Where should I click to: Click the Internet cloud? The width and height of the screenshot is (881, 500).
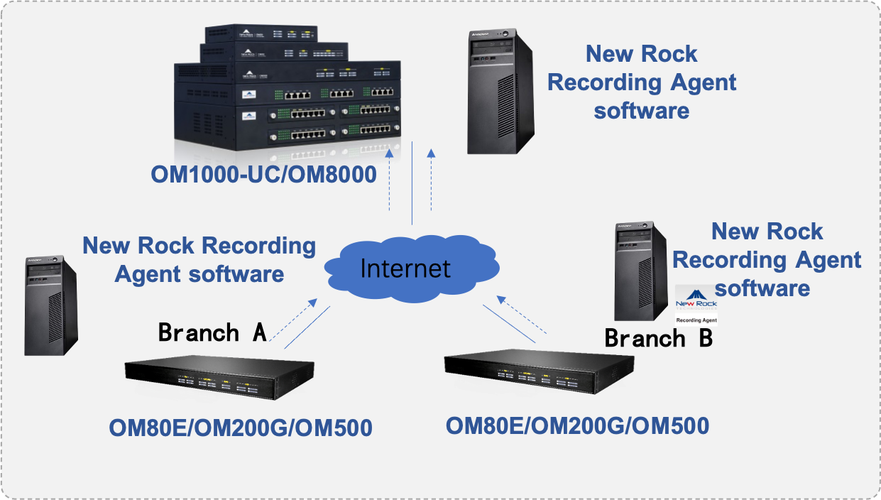click(x=405, y=268)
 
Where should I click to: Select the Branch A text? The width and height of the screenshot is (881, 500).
click(x=212, y=332)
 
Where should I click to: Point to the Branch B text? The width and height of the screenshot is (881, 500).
click(x=657, y=338)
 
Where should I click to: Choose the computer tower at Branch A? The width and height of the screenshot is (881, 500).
click(x=50, y=305)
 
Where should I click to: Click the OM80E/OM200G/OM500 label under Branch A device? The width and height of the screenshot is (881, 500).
click(x=240, y=428)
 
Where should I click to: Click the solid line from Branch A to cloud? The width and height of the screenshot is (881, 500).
click(x=307, y=327)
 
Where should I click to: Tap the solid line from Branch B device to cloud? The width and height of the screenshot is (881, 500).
click(x=508, y=325)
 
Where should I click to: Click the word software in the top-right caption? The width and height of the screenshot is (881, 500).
click(x=641, y=111)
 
